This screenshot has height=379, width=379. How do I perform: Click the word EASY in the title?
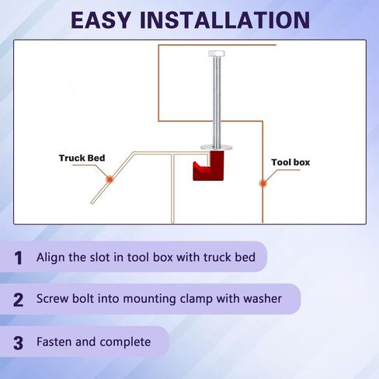[101, 20]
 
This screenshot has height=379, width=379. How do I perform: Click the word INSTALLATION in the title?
[224, 20]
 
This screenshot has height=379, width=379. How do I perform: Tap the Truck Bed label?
[82, 158]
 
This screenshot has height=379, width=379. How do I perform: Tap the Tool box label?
[290, 162]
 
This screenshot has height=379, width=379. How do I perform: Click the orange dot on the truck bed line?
[110, 179]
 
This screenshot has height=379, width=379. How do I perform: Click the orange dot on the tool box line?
[263, 183]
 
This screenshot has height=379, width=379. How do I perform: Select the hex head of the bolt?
[217, 54]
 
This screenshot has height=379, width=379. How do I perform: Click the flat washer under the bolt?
[217, 148]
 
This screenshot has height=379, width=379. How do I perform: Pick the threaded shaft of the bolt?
[217, 102]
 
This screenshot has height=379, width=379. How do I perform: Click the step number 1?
[18, 258]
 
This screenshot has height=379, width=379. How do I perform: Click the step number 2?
[18, 300]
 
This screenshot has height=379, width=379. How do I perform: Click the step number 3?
[18, 343]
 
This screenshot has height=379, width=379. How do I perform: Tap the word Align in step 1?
[50, 258]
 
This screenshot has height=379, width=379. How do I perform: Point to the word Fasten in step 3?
[54, 342]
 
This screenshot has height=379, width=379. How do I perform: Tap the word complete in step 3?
[125, 342]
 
